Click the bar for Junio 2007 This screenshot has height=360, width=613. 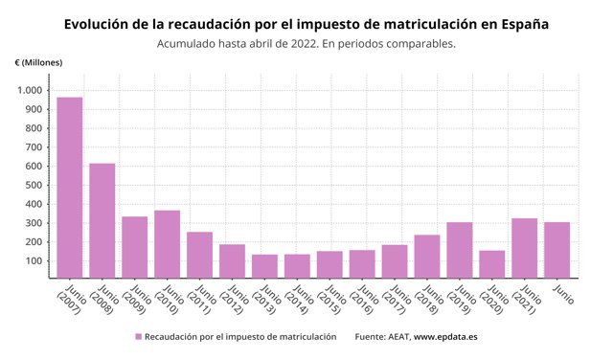69,188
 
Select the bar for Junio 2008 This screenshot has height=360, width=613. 102,220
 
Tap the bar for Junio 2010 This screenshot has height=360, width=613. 167,244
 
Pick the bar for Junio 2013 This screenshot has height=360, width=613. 264,266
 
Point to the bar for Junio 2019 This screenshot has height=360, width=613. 459,250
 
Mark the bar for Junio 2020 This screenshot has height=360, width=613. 491,264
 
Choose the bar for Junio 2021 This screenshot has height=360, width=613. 524,248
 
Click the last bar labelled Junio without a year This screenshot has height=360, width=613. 556,250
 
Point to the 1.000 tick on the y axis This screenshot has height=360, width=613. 30,90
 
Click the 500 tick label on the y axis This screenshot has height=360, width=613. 34,185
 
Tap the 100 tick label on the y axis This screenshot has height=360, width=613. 34,260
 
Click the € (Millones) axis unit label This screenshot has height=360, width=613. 39,62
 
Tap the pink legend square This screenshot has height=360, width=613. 138,337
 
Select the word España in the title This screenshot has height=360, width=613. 521,22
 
